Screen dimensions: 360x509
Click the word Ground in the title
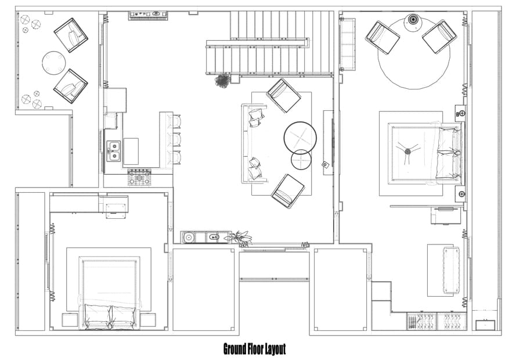(x=236, y=349)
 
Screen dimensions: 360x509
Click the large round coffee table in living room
(x=300, y=137)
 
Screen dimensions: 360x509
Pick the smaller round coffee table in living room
(x=301, y=159)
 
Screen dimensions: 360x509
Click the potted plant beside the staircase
(x=222, y=80)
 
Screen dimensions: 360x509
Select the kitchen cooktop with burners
(x=139, y=178)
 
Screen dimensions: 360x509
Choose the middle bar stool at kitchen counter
(x=174, y=140)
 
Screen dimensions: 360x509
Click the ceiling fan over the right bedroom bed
(x=407, y=150)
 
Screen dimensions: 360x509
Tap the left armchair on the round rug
(x=382, y=37)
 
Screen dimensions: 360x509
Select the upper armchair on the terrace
(x=71, y=34)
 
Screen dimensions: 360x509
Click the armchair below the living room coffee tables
(x=288, y=190)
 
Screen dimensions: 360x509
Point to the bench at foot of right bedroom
(x=451, y=270)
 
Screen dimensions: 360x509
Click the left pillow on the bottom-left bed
(x=97, y=316)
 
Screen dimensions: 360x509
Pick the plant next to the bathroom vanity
(x=240, y=237)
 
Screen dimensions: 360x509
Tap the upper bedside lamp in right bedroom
(x=461, y=112)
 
